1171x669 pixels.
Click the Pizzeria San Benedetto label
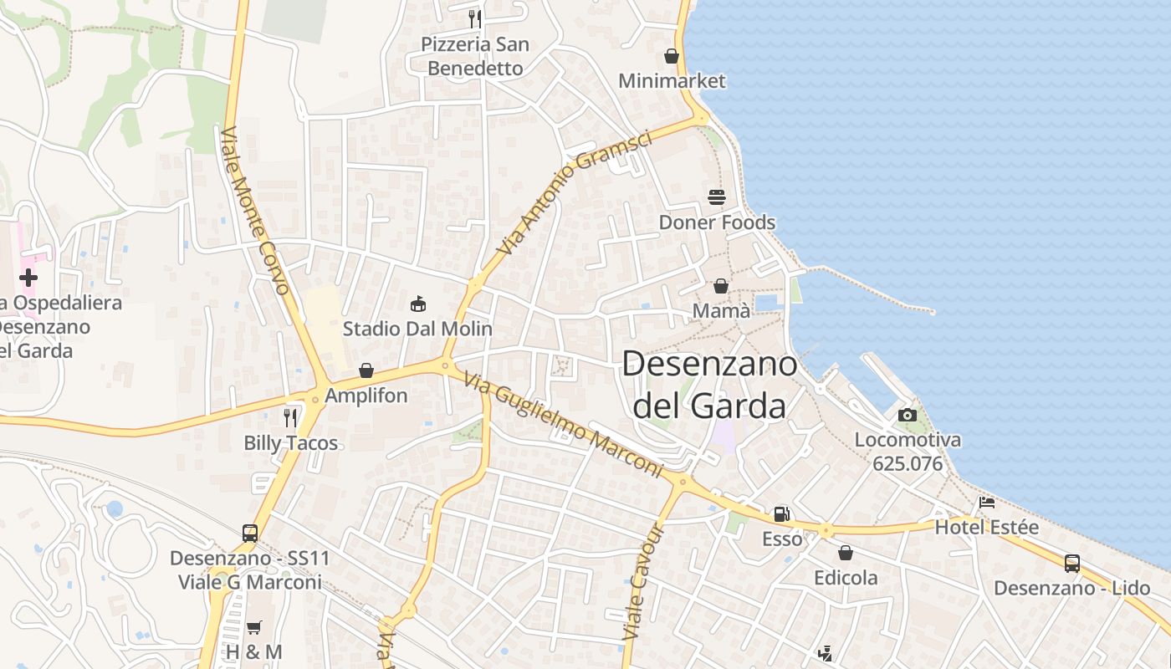[475, 56]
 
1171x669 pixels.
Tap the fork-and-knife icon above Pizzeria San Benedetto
[475, 18]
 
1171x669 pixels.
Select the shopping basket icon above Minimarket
[671, 56]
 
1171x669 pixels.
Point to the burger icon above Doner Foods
[717, 197]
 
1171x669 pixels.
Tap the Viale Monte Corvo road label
[256, 211]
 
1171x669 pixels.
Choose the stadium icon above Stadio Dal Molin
[417, 304]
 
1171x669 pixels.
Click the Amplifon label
[366, 396]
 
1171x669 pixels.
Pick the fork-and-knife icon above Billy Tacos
[290, 417]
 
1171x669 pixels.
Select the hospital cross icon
[28, 277]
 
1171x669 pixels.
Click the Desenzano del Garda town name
[709, 385]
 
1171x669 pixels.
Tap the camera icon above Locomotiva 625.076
[907, 415]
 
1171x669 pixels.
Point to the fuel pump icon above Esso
[781, 514]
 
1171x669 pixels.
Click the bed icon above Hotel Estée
[987, 503]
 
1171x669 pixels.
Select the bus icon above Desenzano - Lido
[1071, 563]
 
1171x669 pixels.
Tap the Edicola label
[846, 578]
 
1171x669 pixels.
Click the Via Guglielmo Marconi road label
[561, 426]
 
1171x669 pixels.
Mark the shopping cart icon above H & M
[253, 627]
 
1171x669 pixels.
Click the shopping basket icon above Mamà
[720, 286]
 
